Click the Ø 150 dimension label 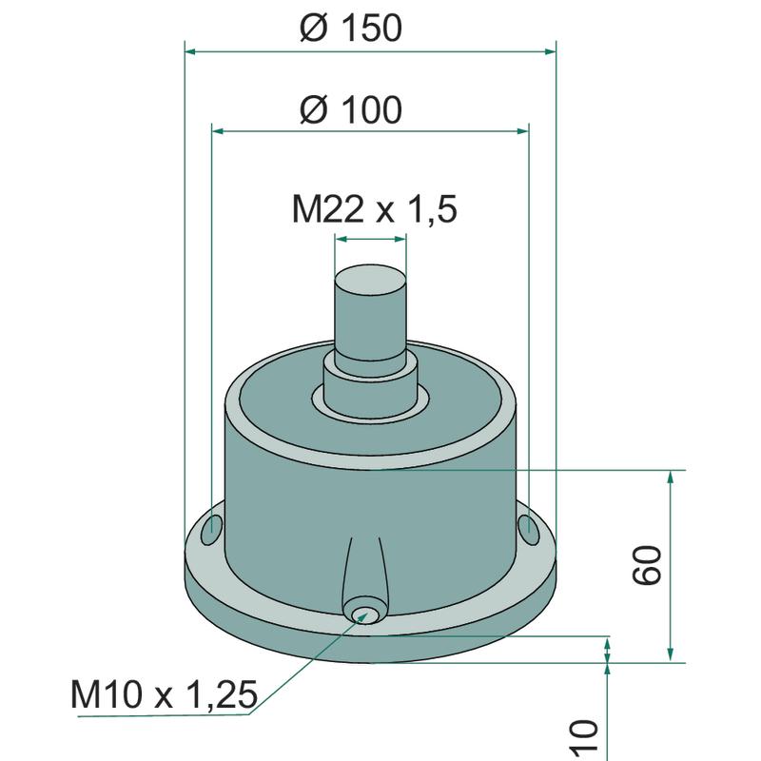pos(350,28)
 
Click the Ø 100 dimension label pos(350,109)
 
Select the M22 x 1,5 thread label pos(374,209)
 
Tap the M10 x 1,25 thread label pos(164,694)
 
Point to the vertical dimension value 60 pos(648,565)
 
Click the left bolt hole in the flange pos(211,529)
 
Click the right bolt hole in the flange pos(528,529)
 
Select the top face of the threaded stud pos(370,280)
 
